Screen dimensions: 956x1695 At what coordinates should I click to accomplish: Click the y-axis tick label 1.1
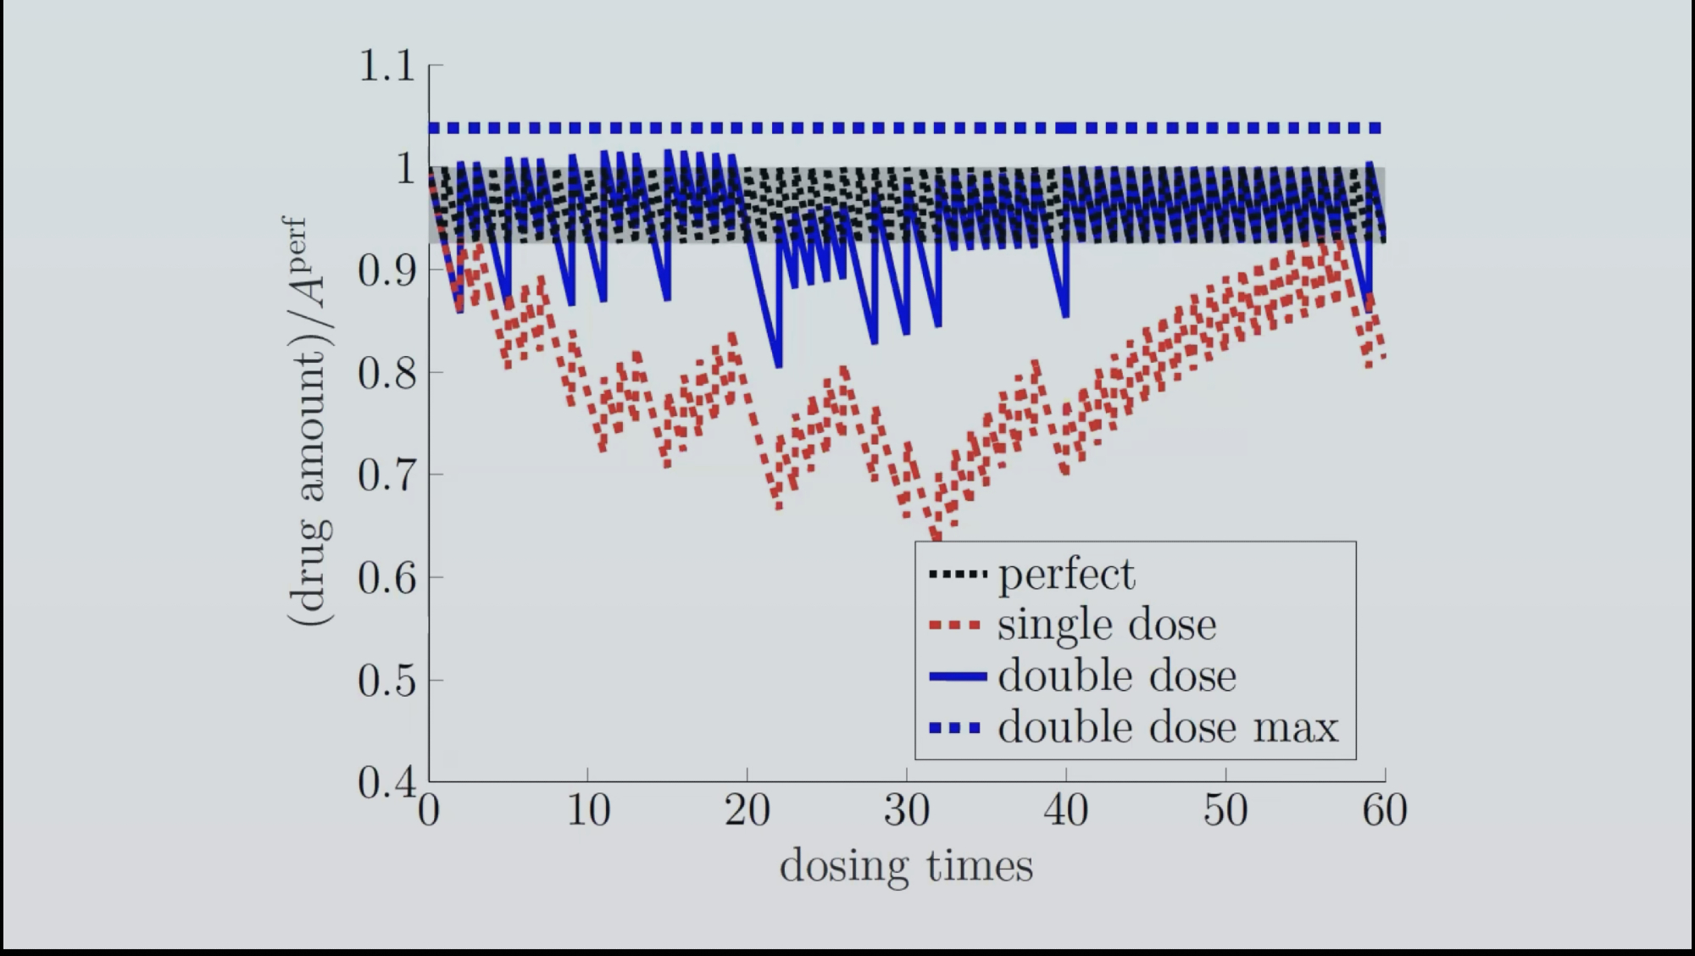pos(386,66)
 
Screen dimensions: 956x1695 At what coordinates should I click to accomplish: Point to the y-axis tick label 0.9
pos(386,271)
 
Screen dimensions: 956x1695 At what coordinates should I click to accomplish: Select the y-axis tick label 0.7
pos(386,475)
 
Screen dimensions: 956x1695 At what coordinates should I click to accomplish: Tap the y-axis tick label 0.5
pos(386,681)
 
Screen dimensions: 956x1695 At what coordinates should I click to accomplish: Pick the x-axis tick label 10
pos(587,811)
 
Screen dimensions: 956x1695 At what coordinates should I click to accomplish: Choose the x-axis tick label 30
pos(907,811)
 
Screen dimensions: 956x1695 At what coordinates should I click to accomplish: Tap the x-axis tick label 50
pos(1225,811)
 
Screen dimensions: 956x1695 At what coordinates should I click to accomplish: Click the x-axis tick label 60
pos(1384,811)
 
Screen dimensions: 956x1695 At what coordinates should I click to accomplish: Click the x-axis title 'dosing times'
pos(906,866)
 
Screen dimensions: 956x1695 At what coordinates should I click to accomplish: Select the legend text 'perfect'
pos(1066,575)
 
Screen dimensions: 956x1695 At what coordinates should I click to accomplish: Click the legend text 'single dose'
pos(1107,625)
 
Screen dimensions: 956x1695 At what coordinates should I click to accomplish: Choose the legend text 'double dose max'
pos(1168,728)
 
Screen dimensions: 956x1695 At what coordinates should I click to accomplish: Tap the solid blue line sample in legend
pos(958,676)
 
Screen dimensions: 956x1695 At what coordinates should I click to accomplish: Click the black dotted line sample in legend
pos(958,575)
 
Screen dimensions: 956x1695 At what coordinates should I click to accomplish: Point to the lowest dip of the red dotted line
pos(936,537)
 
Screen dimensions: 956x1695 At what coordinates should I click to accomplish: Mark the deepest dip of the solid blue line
pos(779,364)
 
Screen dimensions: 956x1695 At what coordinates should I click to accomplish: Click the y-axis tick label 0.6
pos(386,578)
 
